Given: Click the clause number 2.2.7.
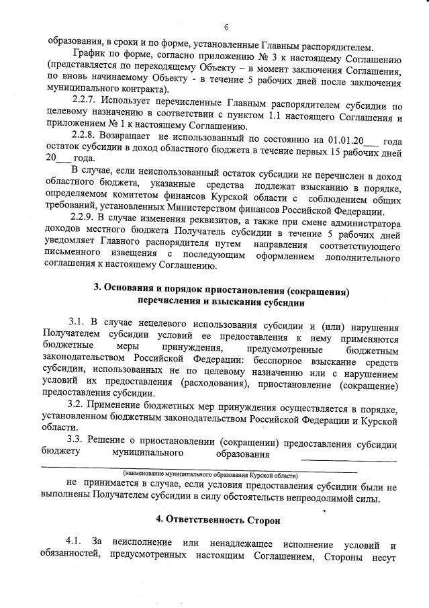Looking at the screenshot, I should (x=85, y=105).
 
